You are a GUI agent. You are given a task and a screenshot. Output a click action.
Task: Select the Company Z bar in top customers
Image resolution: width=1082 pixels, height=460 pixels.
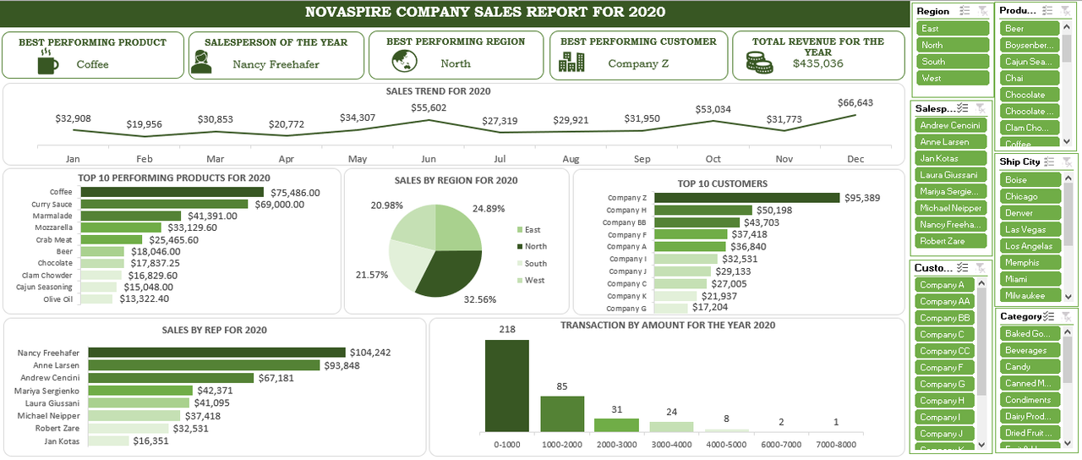pyautogui.click(x=747, y=198)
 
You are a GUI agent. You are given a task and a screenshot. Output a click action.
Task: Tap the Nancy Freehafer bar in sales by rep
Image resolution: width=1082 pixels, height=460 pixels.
pyautogui.click(x=216, y=353)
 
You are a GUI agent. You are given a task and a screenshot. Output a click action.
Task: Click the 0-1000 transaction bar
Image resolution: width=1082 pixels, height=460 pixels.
pyautogui.click(x=507, y=386)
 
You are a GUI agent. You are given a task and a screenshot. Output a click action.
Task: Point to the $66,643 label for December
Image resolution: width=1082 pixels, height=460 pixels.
pyautogui.click(x=855, y=102)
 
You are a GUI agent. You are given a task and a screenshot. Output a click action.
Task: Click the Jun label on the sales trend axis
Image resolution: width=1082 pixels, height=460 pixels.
pyautogui.click(x=429, y=159)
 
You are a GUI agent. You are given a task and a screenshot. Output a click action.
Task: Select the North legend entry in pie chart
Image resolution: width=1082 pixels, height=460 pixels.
pyautogui.click(x=535, y=247)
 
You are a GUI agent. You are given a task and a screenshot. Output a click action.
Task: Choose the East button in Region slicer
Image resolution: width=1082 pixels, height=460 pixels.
pyautogui.click(x=952, y=29)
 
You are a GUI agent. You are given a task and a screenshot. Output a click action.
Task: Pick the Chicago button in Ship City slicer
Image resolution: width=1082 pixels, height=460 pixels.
pyautogui.click(x=1030, y=196)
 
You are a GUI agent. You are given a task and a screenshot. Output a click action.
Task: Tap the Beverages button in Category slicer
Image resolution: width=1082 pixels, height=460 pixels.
pyautogui.click(x=1030, y=350)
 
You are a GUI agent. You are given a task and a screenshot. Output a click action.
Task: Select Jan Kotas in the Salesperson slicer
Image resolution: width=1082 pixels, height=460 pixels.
pyautogui.click(x=950, y=158)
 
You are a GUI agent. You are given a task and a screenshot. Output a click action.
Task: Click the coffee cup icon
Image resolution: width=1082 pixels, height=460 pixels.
pyautogui.click(x=48, y=62)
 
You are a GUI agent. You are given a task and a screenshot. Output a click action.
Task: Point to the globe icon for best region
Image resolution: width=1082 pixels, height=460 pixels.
pyautogui.click(x=405, y=62)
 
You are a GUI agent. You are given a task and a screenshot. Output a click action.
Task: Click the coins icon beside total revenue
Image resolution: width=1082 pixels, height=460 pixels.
pyautogui.click(x=758, y=62)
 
